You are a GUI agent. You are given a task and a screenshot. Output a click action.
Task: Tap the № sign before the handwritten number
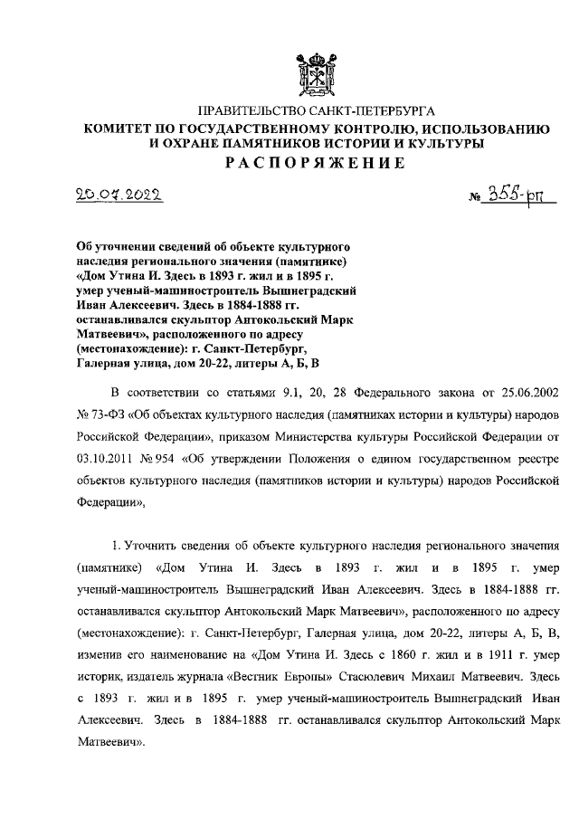(476, 200)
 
